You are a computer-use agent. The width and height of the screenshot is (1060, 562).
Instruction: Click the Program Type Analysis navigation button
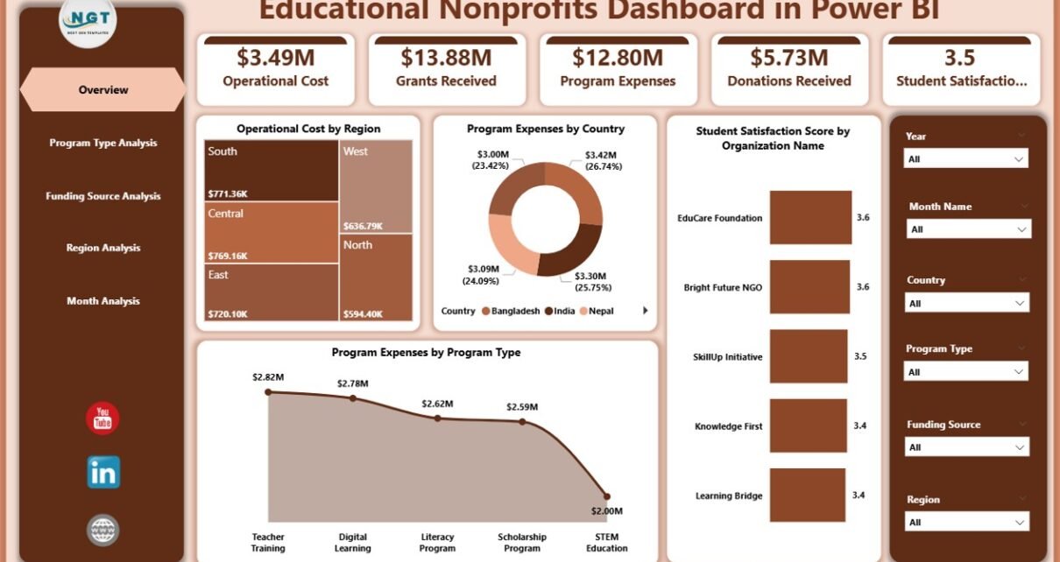coord(102,143)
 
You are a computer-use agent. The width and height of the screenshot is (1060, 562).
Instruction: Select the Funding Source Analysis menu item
coord(102,196)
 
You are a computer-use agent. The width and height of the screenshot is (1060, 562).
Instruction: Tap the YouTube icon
coord(102,418)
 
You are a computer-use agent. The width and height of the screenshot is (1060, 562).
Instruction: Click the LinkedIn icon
coord(102,473)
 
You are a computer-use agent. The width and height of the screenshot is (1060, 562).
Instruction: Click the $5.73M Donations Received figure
coord(788,58)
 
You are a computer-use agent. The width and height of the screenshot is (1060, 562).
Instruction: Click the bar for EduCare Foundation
coord(810,217)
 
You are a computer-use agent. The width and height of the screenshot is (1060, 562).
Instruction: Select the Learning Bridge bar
coord(808,495)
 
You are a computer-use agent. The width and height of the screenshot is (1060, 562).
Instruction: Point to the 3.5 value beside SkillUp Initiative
coord(860,357)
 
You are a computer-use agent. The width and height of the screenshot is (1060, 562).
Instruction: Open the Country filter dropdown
coord(967,304)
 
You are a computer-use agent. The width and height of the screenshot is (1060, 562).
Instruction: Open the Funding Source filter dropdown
coord(967,447)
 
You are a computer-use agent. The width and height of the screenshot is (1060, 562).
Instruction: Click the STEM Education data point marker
coord(607,496)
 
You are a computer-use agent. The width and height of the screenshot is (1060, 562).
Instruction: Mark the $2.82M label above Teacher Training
coord(268,376)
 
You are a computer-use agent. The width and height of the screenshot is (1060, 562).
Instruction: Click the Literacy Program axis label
coord(437,543)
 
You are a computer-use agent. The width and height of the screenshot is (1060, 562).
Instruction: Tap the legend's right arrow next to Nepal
coord(646,311)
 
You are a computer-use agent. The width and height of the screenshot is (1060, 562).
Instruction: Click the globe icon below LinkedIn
coord(102,530)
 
